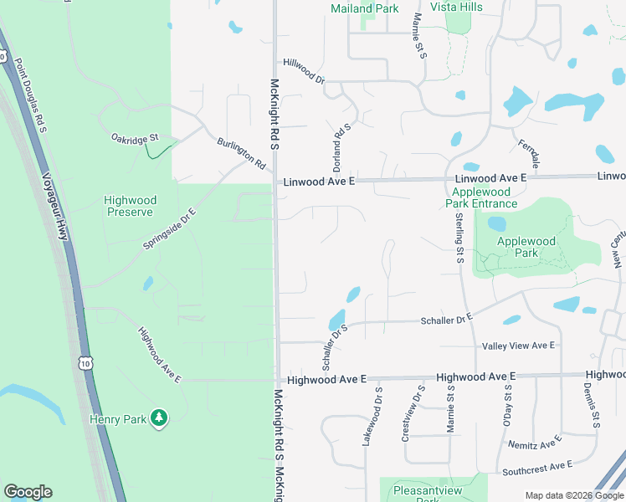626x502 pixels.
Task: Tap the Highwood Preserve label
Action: (129, 206)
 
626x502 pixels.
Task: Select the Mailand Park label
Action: (364, 8)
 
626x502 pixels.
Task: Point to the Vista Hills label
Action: (456, 7)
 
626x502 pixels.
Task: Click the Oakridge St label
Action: (135, 137)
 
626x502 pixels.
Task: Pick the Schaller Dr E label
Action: (447, 320)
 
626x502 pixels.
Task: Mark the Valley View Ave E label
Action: (519, 346)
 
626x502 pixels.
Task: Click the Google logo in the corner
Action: (28, 492)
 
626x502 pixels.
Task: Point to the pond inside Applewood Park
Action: (497, 224)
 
